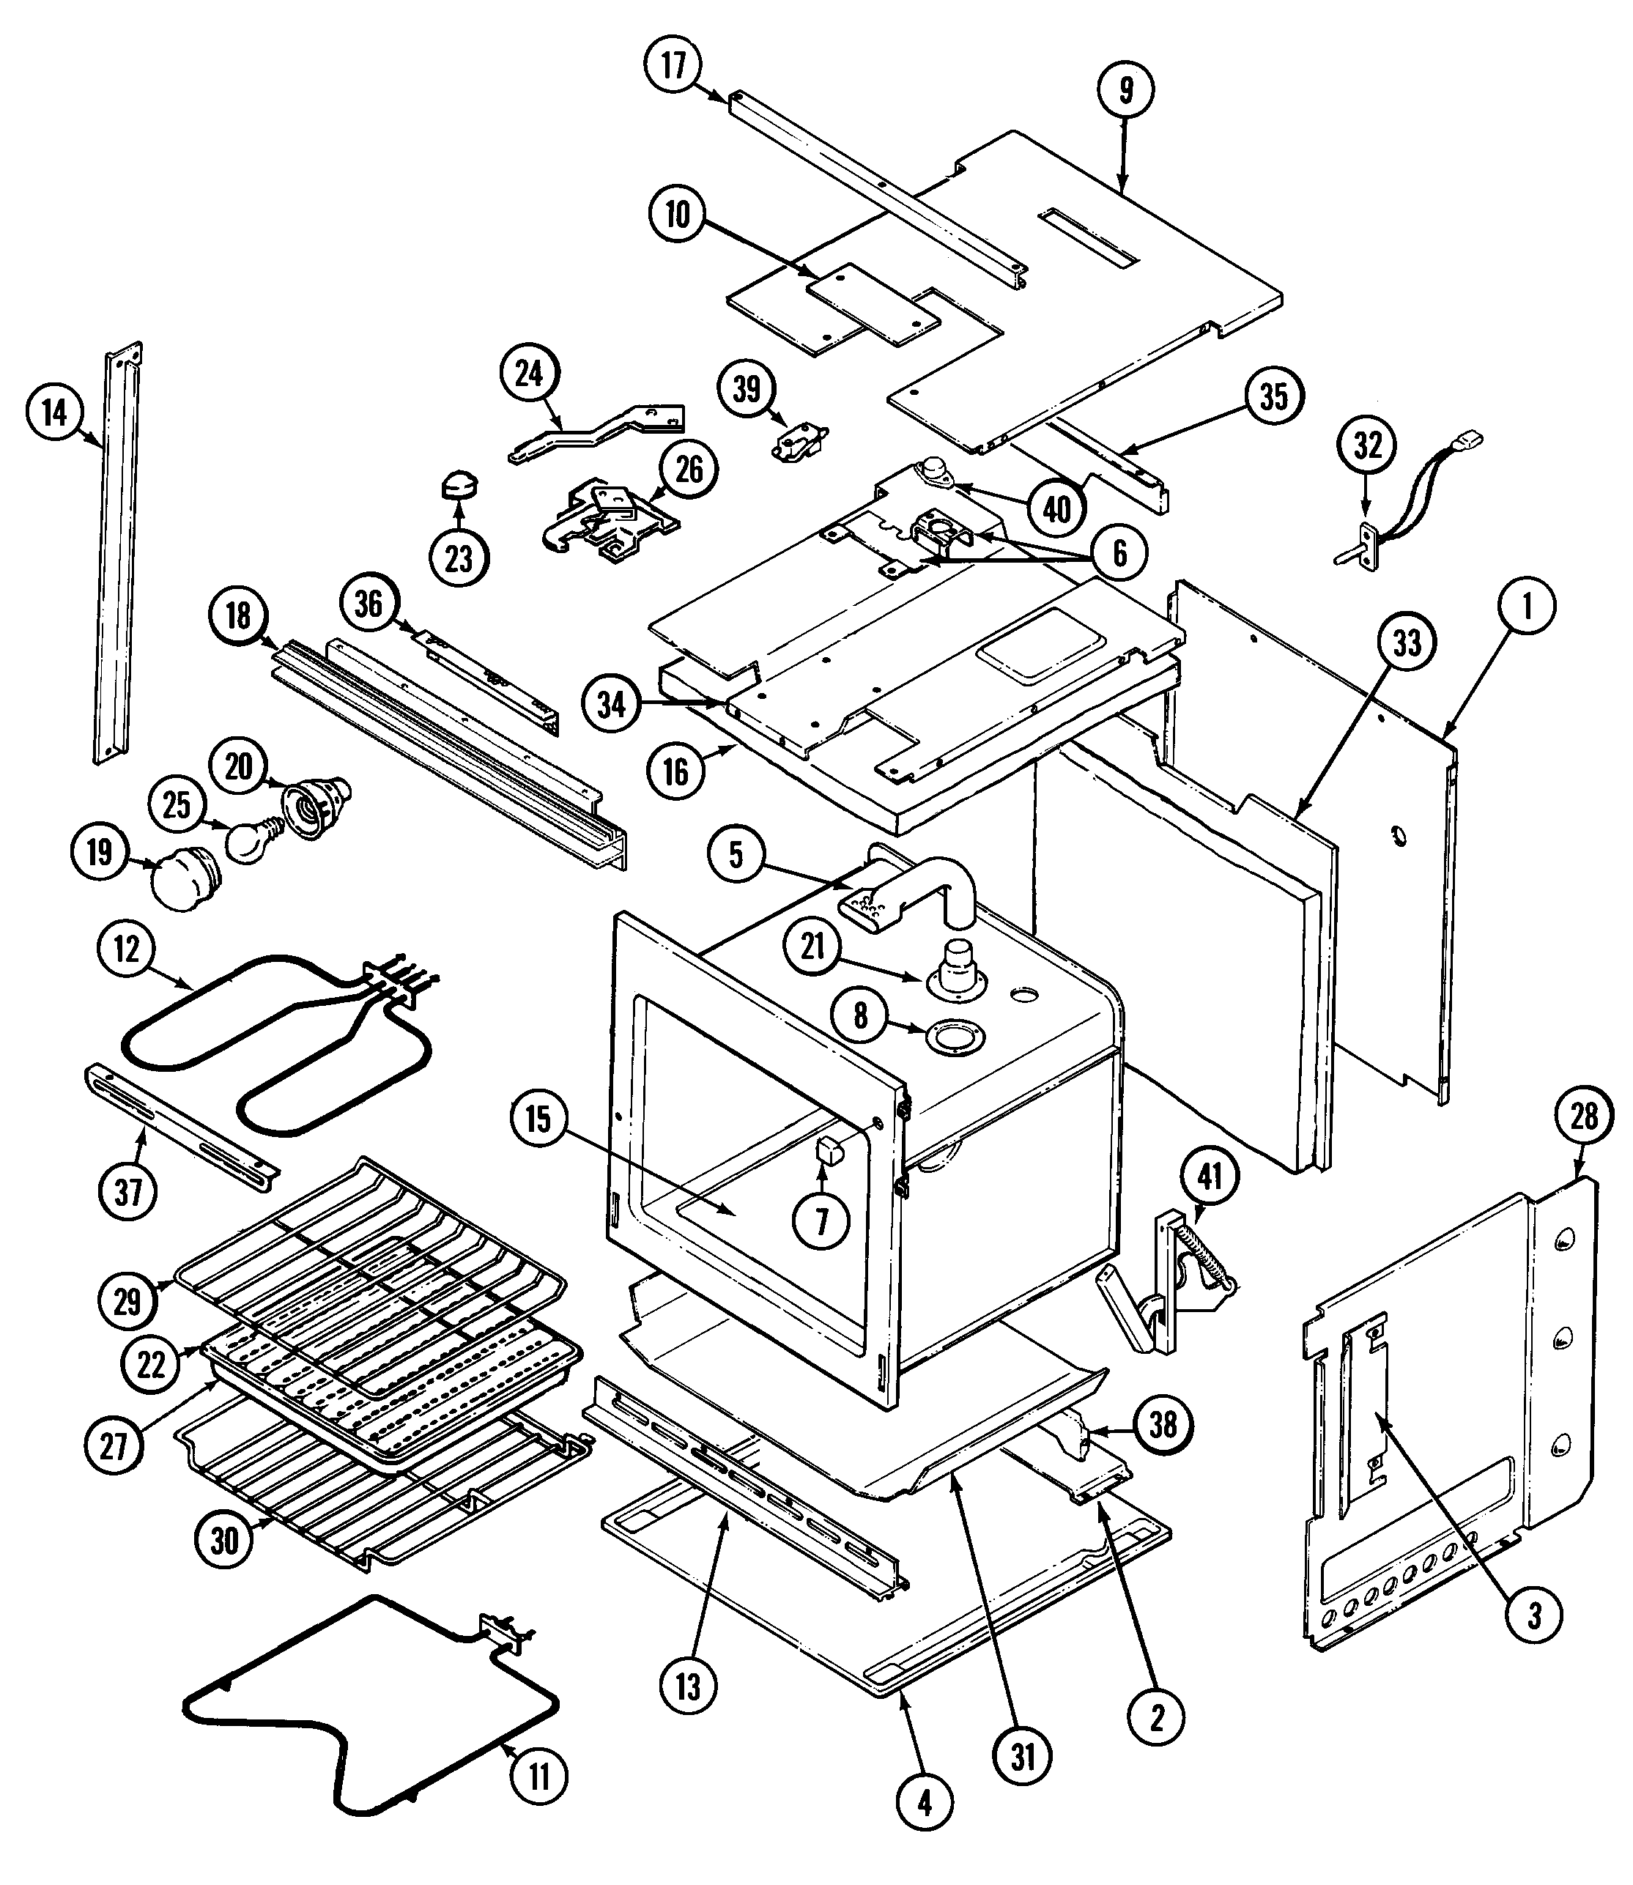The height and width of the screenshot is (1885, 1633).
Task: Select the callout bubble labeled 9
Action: click(x=1125, y=89)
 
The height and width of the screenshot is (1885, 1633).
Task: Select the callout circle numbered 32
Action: click(x=1367, y=445)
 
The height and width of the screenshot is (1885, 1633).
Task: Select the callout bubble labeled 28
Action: click(x=1584, y=1117)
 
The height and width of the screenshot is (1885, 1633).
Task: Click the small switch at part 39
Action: click(x=797, y=442)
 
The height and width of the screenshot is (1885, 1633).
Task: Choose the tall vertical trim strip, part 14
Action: click(x=119, y=556)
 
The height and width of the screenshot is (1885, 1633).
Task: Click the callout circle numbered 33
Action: click(x=1406, y=643)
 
